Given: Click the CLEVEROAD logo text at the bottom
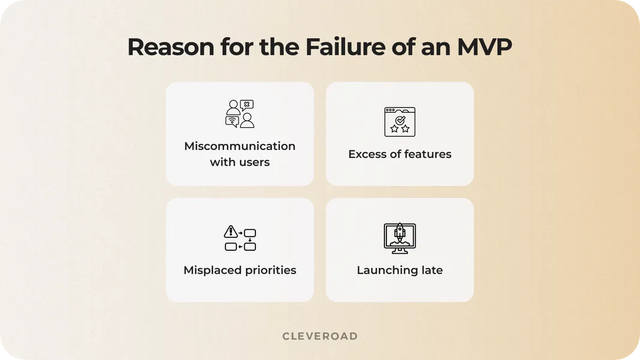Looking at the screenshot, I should (x=320, y=336).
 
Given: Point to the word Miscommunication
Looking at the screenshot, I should (x=240, y=146).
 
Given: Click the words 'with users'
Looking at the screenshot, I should (x=240, y=163).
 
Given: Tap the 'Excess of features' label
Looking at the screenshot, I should (x=399, y=154).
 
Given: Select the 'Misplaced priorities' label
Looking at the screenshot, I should (x=240, y=270).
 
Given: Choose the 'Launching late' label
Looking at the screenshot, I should (x=399, y=270).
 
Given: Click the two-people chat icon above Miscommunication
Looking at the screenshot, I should (x=240, y=114).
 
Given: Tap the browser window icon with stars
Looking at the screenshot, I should (x=399, y=122).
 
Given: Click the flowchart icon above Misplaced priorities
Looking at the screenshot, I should (x=240, y=239).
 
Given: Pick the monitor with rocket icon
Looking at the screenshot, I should (x=399, y=238).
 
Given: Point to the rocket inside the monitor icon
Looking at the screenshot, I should (x=399, y=233).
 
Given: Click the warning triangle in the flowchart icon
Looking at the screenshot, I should (x=230, y=232).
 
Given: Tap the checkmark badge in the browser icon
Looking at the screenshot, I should (x=400, y=121).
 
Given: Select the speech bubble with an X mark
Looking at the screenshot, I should (x=247, y=105).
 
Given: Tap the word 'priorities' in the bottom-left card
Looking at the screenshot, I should (x=268, y=270).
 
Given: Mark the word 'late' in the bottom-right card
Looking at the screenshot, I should (x=431, y=270).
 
